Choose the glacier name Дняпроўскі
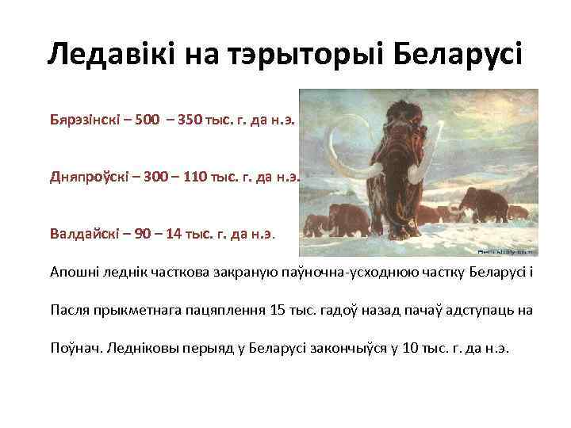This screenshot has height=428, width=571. pyautogui.click(x=86, y=178)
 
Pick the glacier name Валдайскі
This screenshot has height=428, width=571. pyautogui.click(x=82, y=234)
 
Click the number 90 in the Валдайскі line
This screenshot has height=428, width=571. pyautogui.click(x=138, y=234)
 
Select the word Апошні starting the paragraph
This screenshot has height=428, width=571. pyautogui.click(x=74, y=272)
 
